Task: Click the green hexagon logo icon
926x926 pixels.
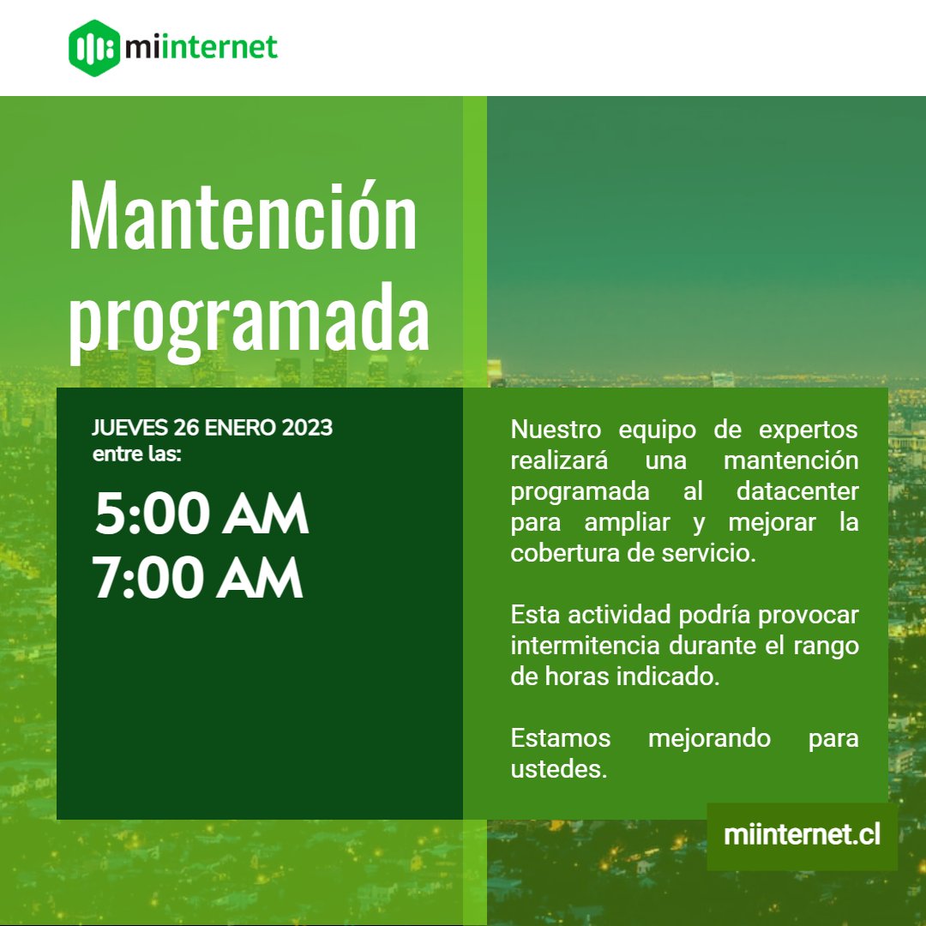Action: coord(93,48)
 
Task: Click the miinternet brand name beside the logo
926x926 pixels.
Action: coord(201,48)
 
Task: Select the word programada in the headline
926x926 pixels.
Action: coord(249,320)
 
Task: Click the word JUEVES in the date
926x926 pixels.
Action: coord(129,427)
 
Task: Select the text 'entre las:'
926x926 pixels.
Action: coord(136,454)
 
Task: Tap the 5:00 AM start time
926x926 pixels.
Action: coord(201,514)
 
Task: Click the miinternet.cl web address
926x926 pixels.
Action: coord(802,836)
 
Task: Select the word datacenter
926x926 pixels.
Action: coord(797,491)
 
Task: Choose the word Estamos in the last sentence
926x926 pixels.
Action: coord(561,738)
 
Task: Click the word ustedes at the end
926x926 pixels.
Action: coord(558,769)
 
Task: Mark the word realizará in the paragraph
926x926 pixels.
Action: coord(559,460)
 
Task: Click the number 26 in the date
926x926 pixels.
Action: coord(187,427)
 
